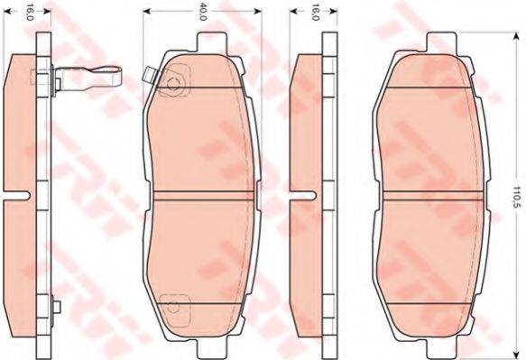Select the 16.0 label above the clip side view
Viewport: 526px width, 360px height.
click(x=30, y=13)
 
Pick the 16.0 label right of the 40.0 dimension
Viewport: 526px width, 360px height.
click(x=315, y=13)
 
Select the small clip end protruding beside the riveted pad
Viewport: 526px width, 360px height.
click(x=148, y=75)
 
